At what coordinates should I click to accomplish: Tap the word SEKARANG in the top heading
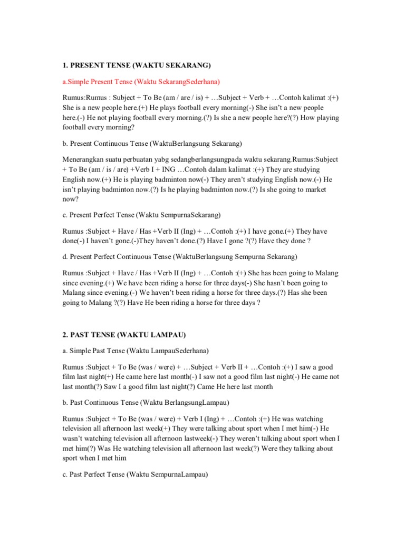[x=188, y=65]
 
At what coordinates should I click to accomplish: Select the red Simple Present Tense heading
[x=142, y=82]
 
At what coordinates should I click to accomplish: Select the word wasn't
[x=75, y=439]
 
